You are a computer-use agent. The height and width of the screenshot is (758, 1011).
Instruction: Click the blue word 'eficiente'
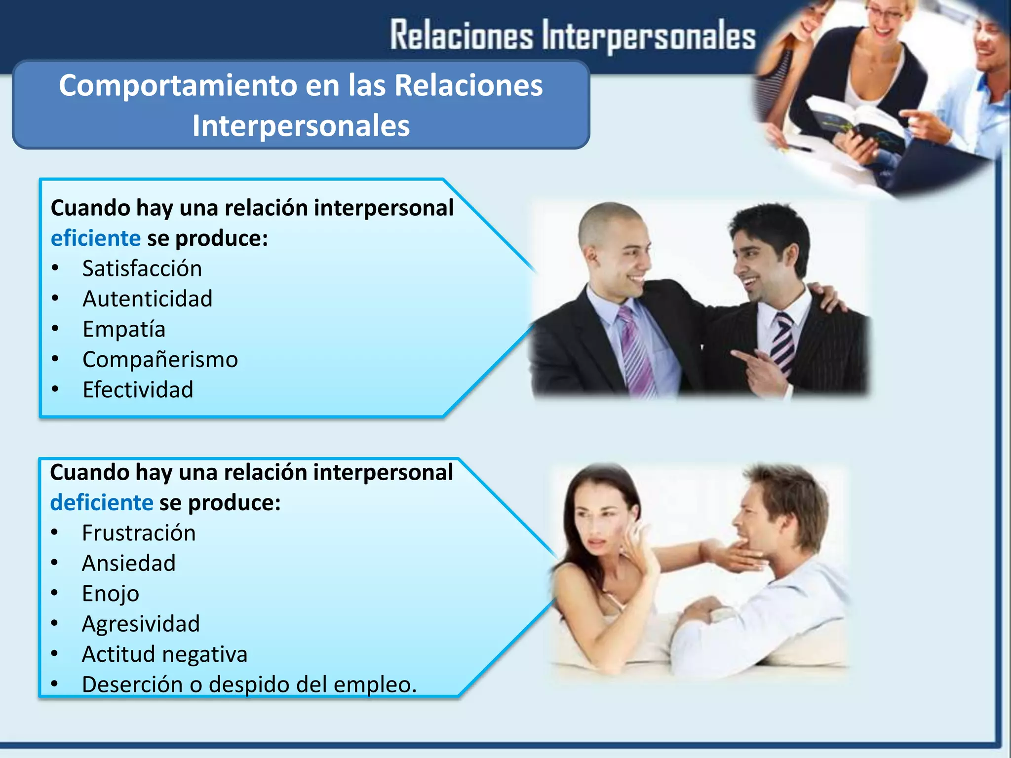[x=96, y=238]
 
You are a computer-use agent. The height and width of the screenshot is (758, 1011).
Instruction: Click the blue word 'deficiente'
[x=102, y=503]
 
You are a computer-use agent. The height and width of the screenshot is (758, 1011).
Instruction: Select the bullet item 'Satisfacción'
[x=142, y=269]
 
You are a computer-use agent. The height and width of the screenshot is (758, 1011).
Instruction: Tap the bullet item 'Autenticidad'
[x=148, y=299]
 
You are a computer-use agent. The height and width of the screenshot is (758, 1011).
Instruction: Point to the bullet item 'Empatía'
[x=124, y=330]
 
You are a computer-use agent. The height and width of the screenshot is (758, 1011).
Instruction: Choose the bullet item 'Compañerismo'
[x=160, y=360]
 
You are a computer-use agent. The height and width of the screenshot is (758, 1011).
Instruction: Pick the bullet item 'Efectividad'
[x=138, y=390]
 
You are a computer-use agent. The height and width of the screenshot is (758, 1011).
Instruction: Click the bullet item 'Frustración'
[x=139, y=533]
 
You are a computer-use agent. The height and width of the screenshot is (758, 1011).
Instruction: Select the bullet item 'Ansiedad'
[x=129, y=564]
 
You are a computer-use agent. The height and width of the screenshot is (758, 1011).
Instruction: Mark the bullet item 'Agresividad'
[x=141, y=624]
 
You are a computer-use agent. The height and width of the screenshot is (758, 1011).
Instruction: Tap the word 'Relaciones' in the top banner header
[x=462, y=36]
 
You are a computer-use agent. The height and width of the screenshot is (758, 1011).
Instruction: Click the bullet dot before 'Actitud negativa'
[x=54, y=654]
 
